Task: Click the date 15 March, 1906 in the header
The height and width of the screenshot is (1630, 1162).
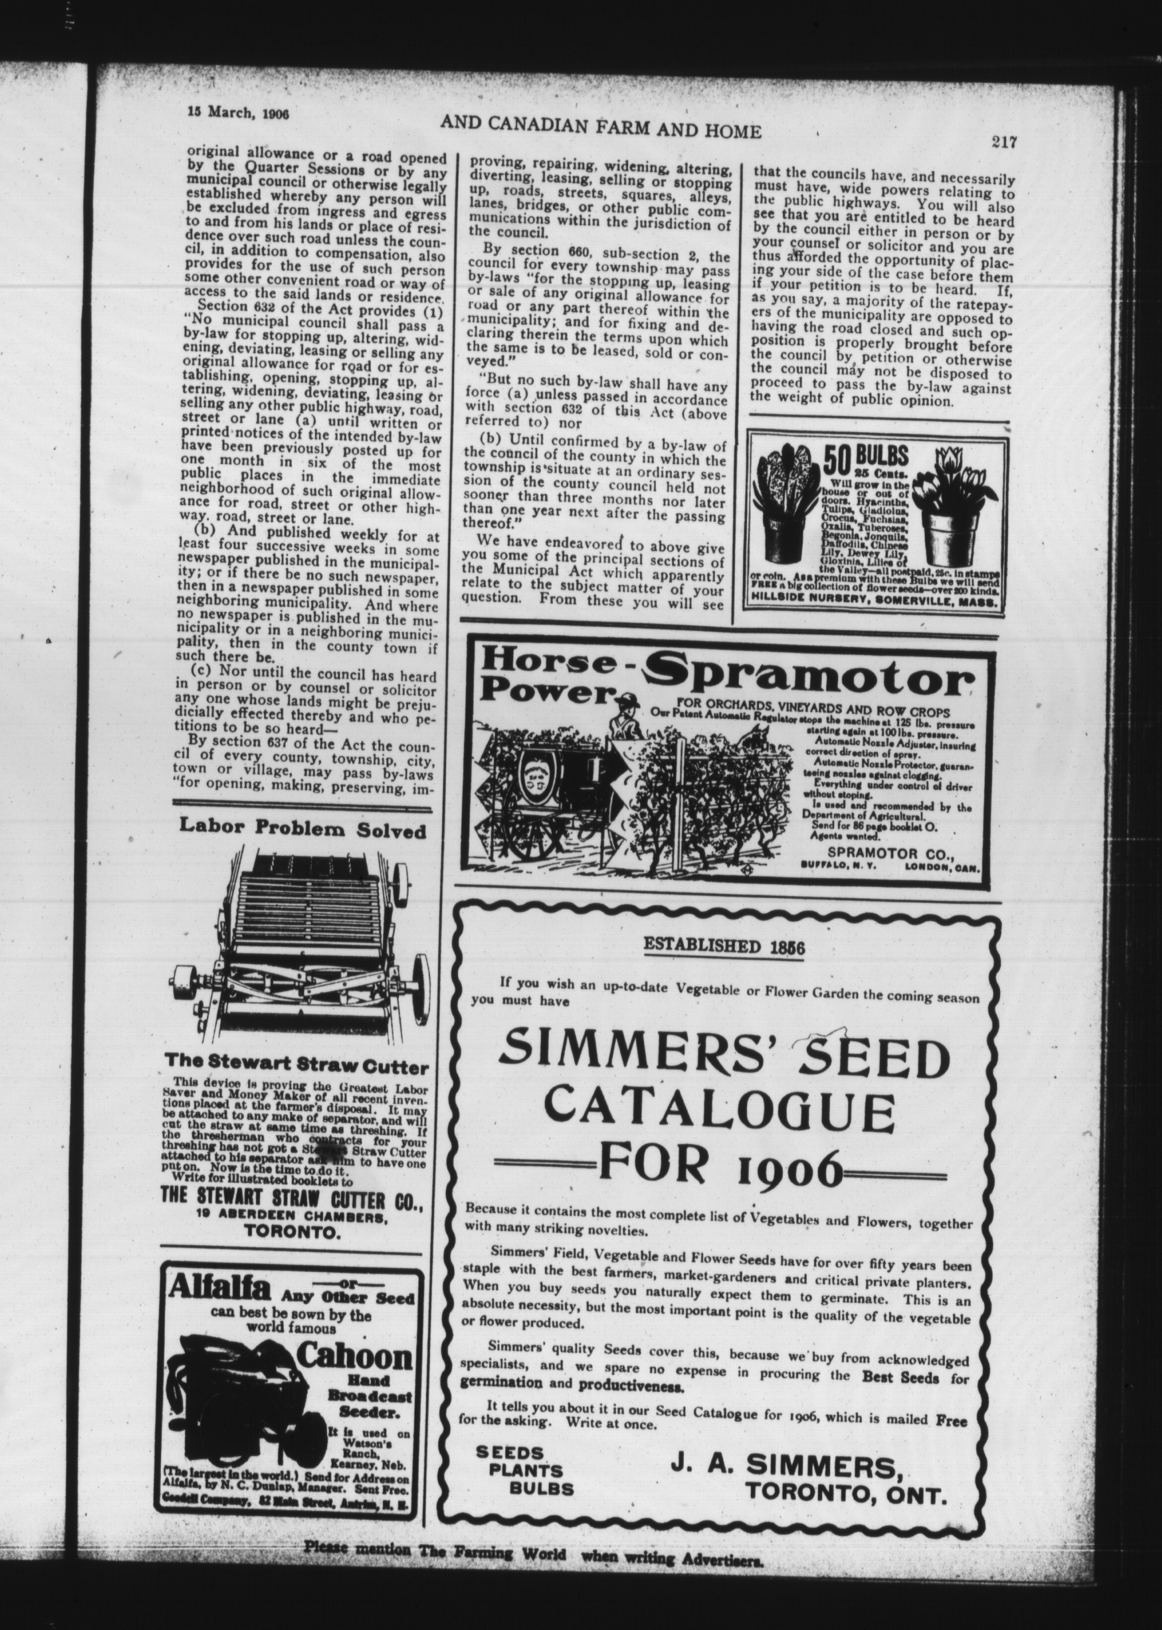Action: tap(238, 112)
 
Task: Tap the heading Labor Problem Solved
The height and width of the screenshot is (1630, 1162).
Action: tap(302, 830)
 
